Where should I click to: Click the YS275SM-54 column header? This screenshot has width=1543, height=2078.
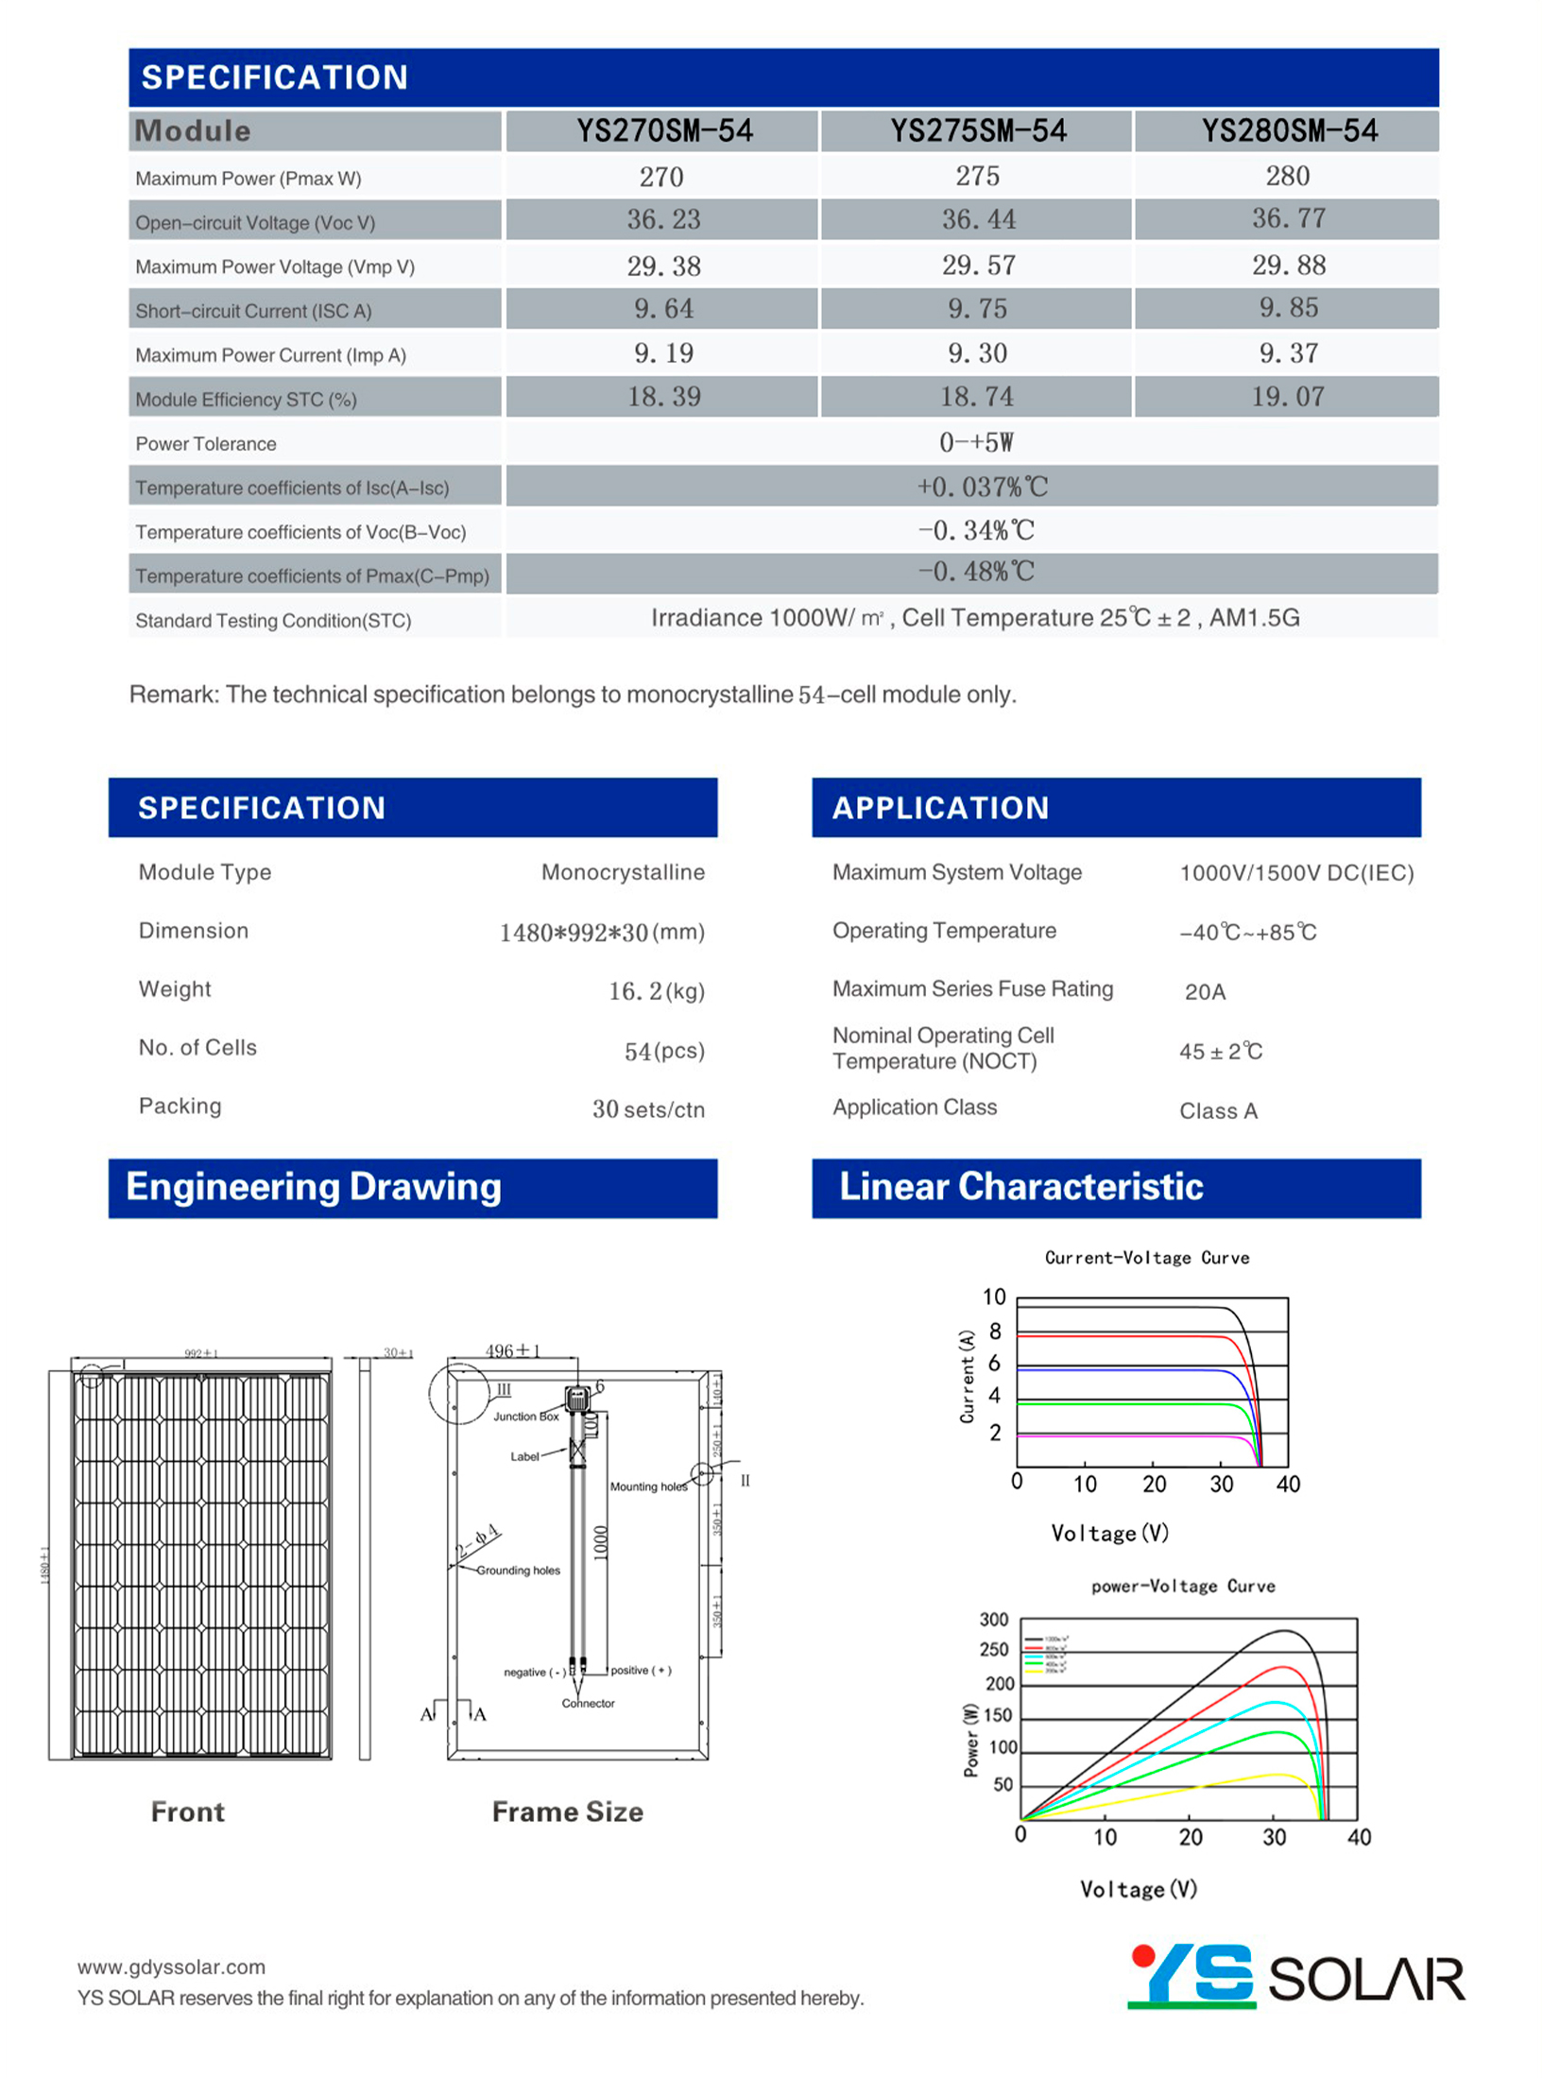pyautogui.click(x=977, y=130)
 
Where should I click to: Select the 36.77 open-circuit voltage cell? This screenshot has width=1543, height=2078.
pyautogui.click(x=1288, y=219)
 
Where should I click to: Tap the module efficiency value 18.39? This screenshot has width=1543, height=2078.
pyautogui.click(x=663, y=397)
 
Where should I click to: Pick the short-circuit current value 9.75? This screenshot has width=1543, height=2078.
pyautogui.click(x=977, y=309)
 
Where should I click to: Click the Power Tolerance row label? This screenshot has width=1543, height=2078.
pyautogui.click(x=206, y=444)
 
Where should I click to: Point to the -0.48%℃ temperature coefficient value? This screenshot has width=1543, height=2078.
pyautogui.click(x=976, y=572)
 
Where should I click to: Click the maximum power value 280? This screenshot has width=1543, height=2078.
pyautogui.click(x=1287, y=176)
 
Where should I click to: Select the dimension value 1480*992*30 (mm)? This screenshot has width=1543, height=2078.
pyautogui.click(x=601, y=933)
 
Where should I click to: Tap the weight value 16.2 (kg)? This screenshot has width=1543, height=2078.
pyautogui.click(x=656, y=990)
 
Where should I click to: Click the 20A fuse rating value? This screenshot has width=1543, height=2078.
pyautogui.click(x=1205, y=991)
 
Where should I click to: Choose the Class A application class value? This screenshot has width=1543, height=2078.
pyautogui.click(x=1217, y=1110)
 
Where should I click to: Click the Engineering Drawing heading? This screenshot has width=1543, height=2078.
pyautogui.click(x=313, y=1187)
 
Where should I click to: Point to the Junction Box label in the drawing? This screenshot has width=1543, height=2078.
pyautogui.click(x=525, y=1417)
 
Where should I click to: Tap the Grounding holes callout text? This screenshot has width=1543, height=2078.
pyautogui.click(x=518, y=1571)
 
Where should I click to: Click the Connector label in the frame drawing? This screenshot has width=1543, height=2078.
pyautogui.click(x=588, y=1704)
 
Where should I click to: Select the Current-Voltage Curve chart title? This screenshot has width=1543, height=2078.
pyautogui.click(x=1146, y=1258)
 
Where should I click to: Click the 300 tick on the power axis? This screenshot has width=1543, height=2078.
pyautogui.click(x=993, y=1620)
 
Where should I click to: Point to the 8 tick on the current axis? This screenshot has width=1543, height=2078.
pyautogui.click(x=994, y=1331)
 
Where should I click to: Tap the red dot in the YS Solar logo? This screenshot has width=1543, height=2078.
pyautogui.click(x=1143, y=1955)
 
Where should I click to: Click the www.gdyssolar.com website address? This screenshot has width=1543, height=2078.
pyautogui.click(x=171, y=1966)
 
